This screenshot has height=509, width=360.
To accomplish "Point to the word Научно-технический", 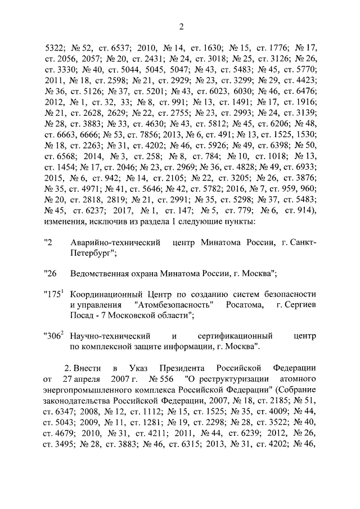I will pos(105,337).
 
